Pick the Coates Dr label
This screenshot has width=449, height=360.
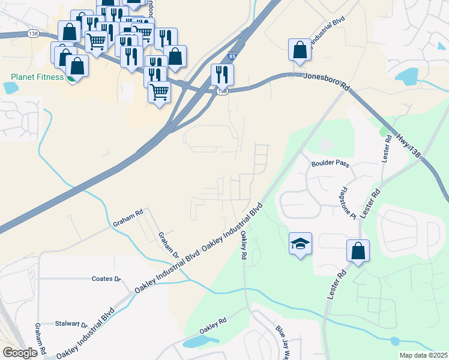click(x=106, y=279)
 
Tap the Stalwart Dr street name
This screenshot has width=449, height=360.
click(x=71, y=323)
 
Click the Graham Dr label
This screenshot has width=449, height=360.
click(x=164, y=245)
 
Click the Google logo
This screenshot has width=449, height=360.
click(x=20, y=353)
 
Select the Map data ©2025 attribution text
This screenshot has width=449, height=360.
click(x=423, y=355)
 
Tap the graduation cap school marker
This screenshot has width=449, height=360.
click(x=300, y=244)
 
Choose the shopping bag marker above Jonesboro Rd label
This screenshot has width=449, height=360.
click(x=300, y=50)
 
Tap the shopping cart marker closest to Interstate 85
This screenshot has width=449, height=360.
click(x=159, y=92)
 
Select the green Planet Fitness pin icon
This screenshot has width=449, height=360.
click(x=71, y=78)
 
